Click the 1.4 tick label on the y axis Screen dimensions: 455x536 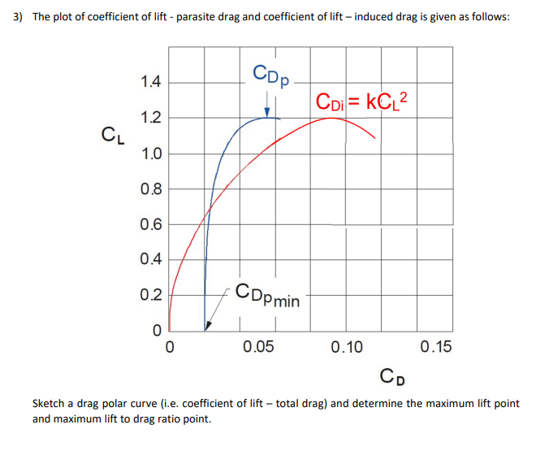click(150, 82)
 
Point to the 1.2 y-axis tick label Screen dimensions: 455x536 click(150, 118)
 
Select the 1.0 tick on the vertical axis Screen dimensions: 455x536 click(150, 154)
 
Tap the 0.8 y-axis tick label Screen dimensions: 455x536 click(150, 189)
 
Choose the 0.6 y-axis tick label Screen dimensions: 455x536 click(150, 225)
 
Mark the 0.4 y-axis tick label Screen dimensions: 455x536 click(150, 260)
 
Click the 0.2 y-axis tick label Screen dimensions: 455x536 click(150, 295)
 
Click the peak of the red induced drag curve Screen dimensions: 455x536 click(331, 118)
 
